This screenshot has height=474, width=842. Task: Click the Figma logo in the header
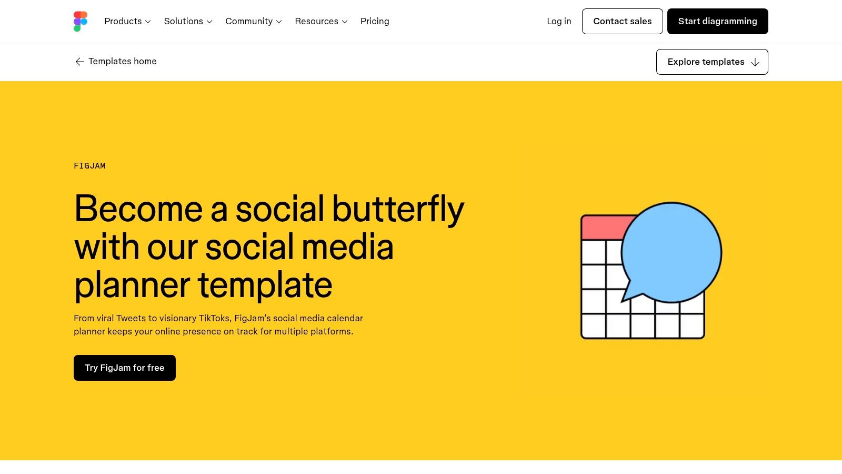click(x=81, y=22)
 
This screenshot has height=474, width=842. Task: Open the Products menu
click(x=127, y=22)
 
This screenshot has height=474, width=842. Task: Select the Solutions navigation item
click(x=188, y=22)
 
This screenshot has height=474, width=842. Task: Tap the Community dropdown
click(x=253, y=22)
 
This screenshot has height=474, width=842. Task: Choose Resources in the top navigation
click(x=321, y=22)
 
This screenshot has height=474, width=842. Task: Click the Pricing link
click(x=375, y=22)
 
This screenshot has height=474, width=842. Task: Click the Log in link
click(x=559, y=22)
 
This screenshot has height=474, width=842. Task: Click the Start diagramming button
click(x=718, y=22)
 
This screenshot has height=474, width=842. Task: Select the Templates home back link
click(x=115, y=61)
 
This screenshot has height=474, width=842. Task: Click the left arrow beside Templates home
click(x=79, y=62)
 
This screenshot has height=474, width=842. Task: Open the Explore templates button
click(x=712, y=62)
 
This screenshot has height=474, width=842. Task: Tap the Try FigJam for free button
click(x=124, y=368)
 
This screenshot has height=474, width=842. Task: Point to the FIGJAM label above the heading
click(x=89, y=166)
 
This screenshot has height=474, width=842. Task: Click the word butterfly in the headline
click(x=398, y=210)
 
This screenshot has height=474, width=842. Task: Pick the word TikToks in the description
click(x=214, y=318)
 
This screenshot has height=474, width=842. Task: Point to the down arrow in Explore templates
click(x=755, y=62)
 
